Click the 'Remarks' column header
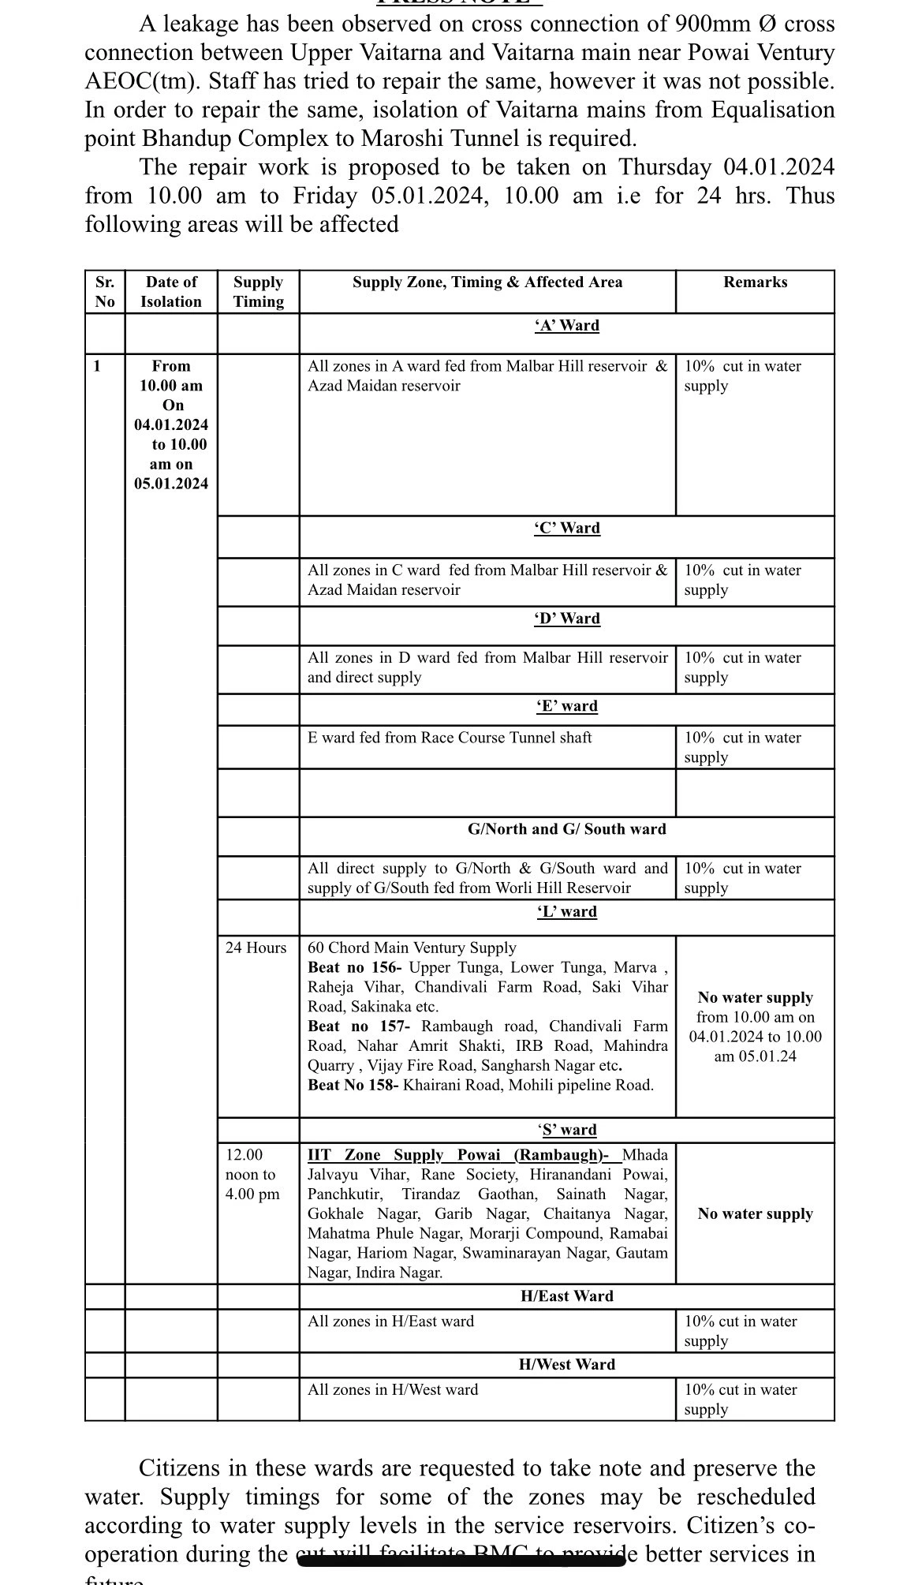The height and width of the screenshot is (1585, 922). coord(755,282)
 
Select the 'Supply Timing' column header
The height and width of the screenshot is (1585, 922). coord(258,292)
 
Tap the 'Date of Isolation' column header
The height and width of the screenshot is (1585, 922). coord(171,292)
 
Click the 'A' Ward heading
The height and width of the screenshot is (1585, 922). coord(566,326)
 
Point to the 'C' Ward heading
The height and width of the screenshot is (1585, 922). coord(566,529)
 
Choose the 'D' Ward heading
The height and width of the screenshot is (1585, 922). coord(566,619)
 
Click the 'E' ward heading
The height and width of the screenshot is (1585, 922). coord(566,706)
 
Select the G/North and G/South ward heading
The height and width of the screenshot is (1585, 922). coord(566,829)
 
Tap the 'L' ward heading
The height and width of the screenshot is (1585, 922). coord(566,912)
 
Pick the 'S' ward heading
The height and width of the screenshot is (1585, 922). coord(566,1130)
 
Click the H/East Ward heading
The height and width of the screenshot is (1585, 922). coord(566,1296)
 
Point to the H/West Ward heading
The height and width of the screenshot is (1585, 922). coord(566,1365)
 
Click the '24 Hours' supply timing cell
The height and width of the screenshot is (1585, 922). coord(256,948)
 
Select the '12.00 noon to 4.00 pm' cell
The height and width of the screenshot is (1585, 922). coord(252,1175)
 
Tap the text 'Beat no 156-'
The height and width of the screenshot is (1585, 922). coord(355,967)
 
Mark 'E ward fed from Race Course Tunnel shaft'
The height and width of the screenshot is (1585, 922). coord(450,738)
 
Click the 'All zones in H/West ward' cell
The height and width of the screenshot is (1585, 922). coord(393,1389)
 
